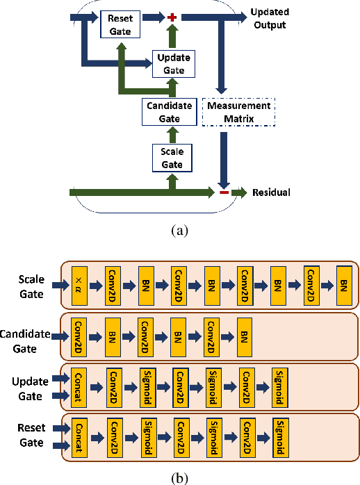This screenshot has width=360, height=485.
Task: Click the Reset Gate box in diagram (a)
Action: pyautogui.click(x=120, y=24)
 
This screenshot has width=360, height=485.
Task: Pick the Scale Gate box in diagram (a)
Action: pyautogui.click(x=172, y=157)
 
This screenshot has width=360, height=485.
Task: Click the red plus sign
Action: pyautogui.click(x=172, y=15)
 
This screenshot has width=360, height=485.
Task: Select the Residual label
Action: pyautogui.click(x=270, y=192)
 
